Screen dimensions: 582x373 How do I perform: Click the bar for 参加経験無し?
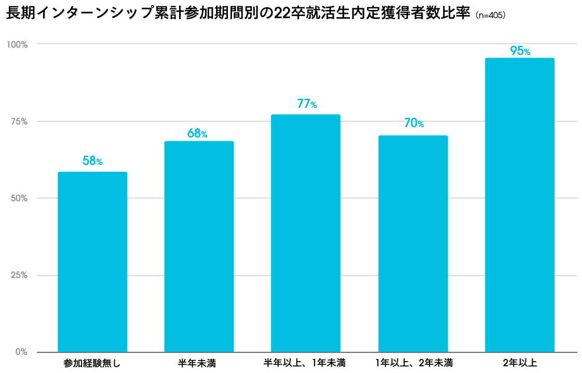pos(92,262)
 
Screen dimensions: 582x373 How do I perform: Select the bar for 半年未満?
pos(199,246)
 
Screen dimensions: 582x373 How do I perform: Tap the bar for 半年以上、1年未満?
pos(306,233)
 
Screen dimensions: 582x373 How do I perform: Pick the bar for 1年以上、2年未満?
pos(413,244)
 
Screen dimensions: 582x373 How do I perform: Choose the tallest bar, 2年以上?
pos(520,205)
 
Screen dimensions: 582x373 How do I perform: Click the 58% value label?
pos(92,161)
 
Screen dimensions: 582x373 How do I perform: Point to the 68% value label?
pos(197,133)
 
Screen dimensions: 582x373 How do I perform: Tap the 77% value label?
pos(307,104)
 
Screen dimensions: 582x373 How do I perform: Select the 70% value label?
pos(414,123)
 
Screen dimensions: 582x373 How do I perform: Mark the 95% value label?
pos(520,51)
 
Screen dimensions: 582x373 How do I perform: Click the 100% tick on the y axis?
pos(17,45)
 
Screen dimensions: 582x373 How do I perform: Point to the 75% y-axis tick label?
pos(19,122)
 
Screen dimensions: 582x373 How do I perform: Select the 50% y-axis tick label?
pos(19,198)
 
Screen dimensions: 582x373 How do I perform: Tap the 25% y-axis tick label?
pos(19,275)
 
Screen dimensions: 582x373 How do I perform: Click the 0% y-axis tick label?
pos(21,352)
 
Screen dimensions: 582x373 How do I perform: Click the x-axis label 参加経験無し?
pos(92,363)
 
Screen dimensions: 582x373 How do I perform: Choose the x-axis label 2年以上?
pos(520,363)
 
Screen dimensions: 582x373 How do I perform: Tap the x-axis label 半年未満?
pos(197,363)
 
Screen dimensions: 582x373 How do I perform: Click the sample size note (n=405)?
pos(490,16)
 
